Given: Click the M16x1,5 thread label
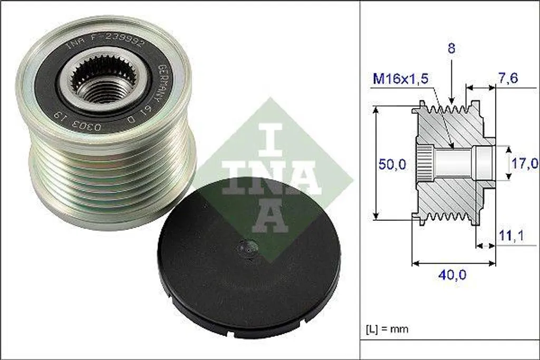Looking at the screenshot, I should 401,79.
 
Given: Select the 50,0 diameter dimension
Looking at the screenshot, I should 391,164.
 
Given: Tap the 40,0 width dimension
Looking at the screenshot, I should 453,274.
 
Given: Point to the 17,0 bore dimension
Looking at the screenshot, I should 525,163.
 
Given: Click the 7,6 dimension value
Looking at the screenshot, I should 508,78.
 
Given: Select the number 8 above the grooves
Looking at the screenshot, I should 452,48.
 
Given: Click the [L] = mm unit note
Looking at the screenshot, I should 387,329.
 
